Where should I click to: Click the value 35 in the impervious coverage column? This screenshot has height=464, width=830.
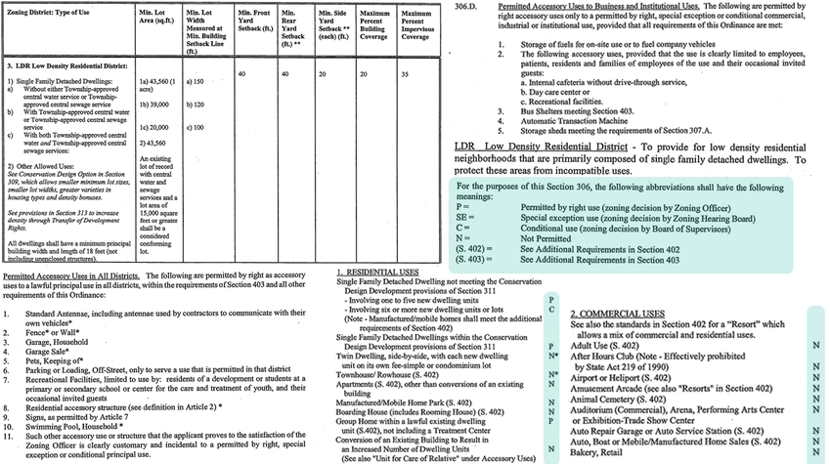(x=404, y=74)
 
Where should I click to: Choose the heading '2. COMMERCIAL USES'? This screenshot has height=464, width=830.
(x=617, y=314)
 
